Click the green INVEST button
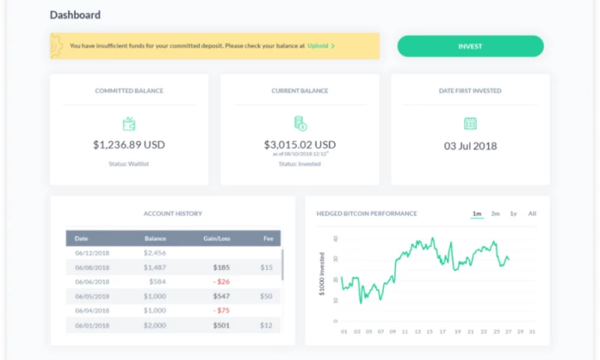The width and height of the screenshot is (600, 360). [x=470, y=46]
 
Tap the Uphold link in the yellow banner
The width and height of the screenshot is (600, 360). [x=318, y=46]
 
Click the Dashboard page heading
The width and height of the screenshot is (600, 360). [x=75, y=15]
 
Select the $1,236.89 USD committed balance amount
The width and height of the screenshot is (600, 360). [x=129, y=145]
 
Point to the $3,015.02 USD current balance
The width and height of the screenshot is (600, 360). [x=299, y=145]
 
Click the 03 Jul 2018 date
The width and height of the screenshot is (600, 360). [x=470, y=145]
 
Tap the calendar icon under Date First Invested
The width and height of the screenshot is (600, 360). [x=470, y=123]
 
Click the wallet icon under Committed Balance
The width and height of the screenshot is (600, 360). [x=129, y=124]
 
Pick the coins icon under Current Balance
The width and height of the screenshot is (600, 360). [x=299, y=123]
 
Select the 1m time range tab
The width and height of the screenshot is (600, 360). [x=477, y=214]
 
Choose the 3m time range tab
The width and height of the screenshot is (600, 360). [x=496, y=214]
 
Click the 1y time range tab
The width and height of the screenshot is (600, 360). [x=514, y=214]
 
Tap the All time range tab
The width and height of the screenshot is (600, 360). [x=532, y=214]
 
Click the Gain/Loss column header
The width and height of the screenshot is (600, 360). [x=216, y=239]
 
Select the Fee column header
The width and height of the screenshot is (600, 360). [x=268, y=239]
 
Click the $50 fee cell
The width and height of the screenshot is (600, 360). [x=266, y=296]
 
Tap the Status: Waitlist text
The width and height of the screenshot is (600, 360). [x=129, y=163]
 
